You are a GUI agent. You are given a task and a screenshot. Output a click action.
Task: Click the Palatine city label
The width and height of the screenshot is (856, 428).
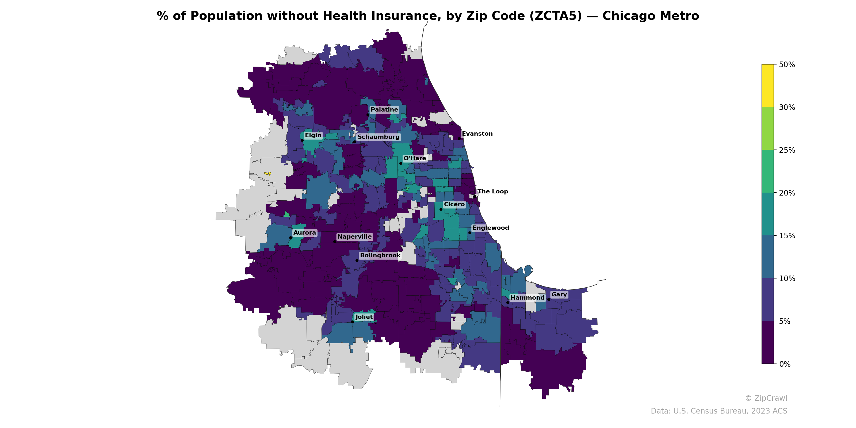tap(384, 110)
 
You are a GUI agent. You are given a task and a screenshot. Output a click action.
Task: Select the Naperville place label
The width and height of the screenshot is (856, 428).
tap(354, 236)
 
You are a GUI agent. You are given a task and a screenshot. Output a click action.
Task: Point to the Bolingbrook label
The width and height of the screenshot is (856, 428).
tap(380, 255)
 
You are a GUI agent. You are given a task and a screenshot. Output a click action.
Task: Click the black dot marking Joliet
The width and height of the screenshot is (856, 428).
tap(353, 322)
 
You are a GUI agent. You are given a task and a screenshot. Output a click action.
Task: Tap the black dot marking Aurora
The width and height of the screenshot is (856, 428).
tap(291, 238)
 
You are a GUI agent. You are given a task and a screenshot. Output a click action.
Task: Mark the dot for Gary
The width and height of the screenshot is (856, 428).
tap(549, 299)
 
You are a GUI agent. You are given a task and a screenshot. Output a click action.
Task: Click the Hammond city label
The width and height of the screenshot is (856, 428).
tap(527, 298)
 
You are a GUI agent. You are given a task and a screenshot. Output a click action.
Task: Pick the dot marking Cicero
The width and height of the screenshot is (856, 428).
tap(441, 209)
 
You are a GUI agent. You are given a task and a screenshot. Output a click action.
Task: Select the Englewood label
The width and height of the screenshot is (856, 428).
tap(491, 228)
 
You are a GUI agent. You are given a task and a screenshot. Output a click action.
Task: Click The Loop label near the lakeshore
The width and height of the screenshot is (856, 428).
tap(492, 192)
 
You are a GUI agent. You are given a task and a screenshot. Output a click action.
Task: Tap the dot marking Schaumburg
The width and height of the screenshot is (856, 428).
tap(354, 142)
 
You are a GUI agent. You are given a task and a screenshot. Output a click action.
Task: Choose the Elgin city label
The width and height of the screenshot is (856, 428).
tap(313, 135)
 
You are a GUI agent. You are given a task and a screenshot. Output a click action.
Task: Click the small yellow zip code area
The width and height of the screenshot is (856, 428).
tap(267, 173)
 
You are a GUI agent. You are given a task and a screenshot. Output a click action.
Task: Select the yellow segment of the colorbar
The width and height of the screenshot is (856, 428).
tap(768, 86)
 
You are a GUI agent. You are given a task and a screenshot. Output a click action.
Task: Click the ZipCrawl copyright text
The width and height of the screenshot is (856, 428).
tap(766, 398)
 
